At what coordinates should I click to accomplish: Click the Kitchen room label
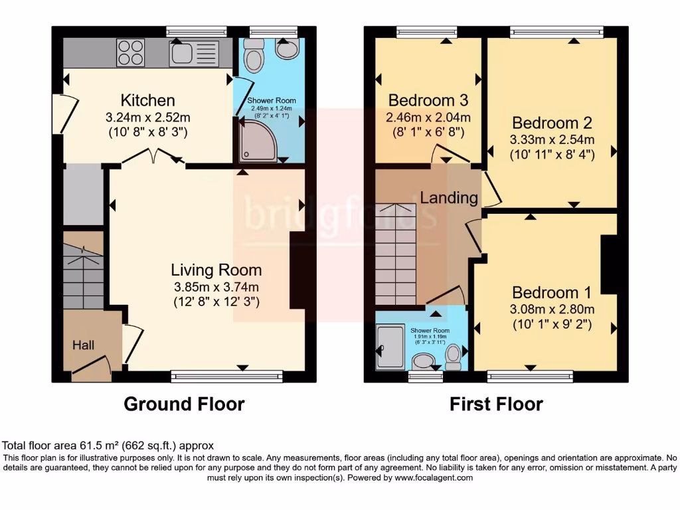click(147, 100)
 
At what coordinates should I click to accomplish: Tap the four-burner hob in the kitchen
click(131, 52)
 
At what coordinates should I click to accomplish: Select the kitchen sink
click(193, 53)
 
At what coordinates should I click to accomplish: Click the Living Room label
click(216, 270)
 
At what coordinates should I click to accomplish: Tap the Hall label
click(84, 345)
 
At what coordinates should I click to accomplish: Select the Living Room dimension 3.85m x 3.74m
click(216, 287)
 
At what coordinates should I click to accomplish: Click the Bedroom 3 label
click(428, 100)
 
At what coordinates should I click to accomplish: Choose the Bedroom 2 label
click(552, 123)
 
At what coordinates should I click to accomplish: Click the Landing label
click(449, 197)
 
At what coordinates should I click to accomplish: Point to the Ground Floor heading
click(184, 404)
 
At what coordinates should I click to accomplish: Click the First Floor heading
click(496, 404)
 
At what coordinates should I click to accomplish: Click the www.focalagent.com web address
click(433, 477)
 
